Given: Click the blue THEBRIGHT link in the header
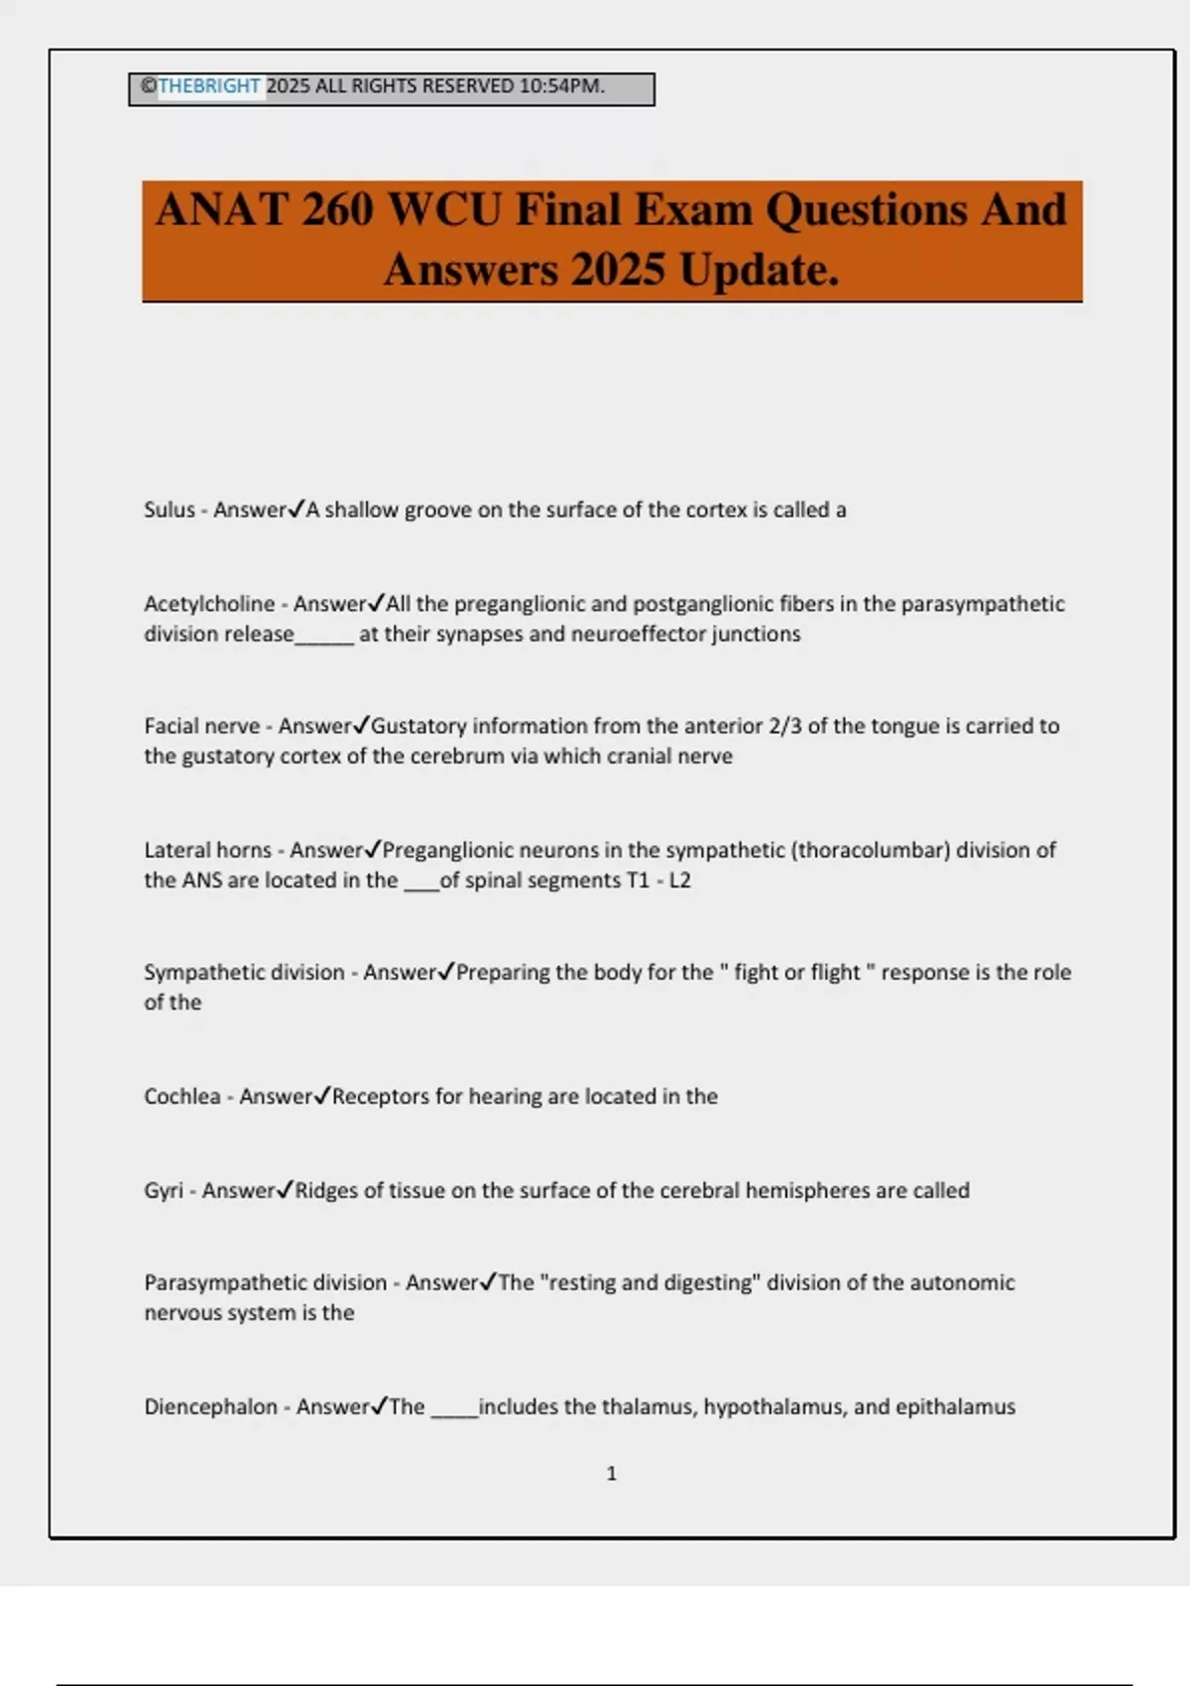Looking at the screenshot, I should click(209, 86).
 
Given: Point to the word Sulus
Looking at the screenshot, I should click(170, 510).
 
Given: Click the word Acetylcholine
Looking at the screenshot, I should click(209, 604).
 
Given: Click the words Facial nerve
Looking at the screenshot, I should click(202, 726).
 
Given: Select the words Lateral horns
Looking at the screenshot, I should click(207, 850).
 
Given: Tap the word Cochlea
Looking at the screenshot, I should click(182, 1096).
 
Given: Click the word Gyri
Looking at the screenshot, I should click(164, 1190).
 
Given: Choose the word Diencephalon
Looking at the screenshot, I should click(210, 1406).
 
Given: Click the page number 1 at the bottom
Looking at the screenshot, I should click(611, 1474).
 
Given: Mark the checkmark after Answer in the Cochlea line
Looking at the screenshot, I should click(322, 1095).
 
